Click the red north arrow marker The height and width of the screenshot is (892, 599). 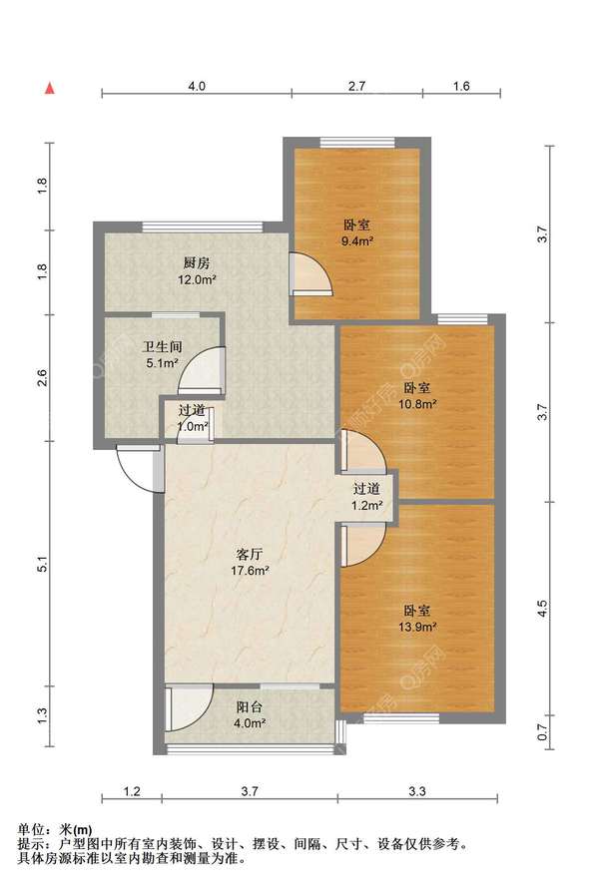(x=50, y=88)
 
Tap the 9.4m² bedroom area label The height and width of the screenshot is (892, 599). (x=357, y=241)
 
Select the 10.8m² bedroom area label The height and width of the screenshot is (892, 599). (x=417, y=404)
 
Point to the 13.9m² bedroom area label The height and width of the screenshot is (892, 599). (x=417, y=627)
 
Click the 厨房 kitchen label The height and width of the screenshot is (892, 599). (x=197, y=263)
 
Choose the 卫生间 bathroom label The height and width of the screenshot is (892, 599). (x=163, y=346)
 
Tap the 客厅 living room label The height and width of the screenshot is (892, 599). (x=250, y=554)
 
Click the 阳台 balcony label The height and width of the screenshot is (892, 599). (x=250, y=707)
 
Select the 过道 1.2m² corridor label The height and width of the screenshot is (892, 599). (x=366, y=497)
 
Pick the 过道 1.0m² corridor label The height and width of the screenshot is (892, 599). (x=192, y=418)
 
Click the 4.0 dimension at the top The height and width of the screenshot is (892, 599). (x=197, y=87)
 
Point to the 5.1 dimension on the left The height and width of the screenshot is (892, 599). (x=42, y=564)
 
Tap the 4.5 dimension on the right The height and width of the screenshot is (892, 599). (x=543, y=609)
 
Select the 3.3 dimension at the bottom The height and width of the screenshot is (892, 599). (x=417, y=791)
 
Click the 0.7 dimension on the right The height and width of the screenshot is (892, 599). (x=543, y=731)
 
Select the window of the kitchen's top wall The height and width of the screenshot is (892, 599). (x=203, y=226)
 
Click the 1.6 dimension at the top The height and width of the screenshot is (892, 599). (x=461, y=87)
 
